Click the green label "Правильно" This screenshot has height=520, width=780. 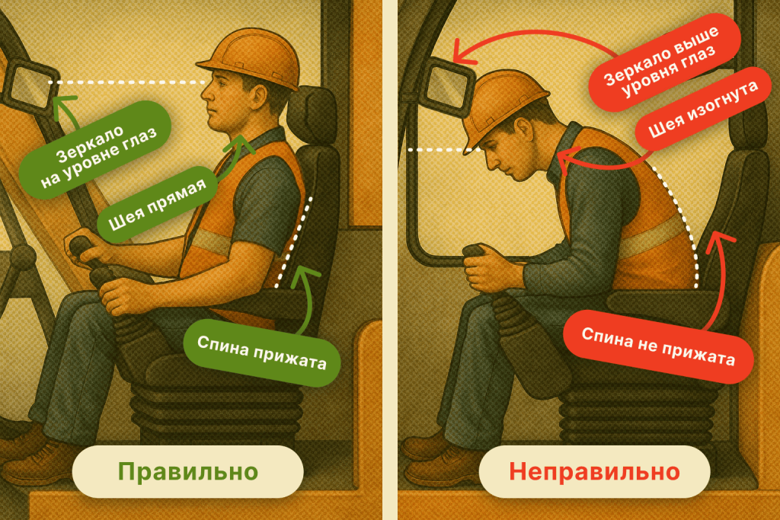(187, 471)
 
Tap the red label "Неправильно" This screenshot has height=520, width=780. (594, 471)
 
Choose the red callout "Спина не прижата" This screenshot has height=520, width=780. (658, 346)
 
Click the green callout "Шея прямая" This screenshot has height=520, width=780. (157, 204)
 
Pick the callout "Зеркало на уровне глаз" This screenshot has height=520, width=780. (95, 150)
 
